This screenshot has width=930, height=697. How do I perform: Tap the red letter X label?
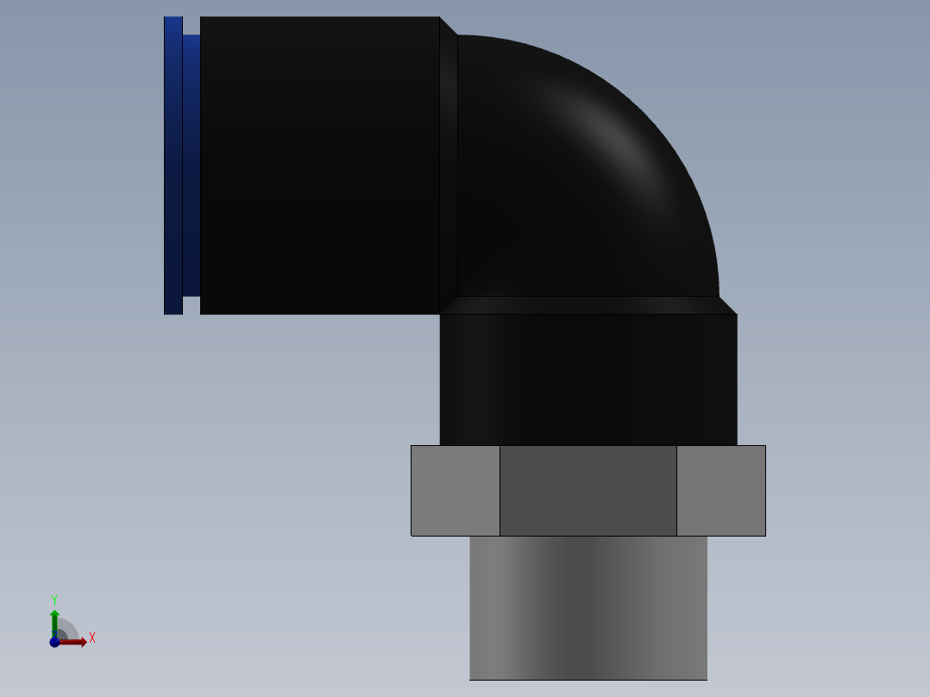(x=92, y=638)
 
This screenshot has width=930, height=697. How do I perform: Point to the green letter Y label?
(x=54, y=599)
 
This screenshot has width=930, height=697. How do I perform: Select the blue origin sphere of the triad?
(x=54, y=642)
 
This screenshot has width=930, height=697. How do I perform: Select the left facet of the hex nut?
(x=456, y=490)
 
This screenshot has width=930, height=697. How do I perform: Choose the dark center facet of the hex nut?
(x=588, y=490)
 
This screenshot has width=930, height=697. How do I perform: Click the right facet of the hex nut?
(x=721, y=490)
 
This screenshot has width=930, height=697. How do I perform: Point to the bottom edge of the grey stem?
(x=588, y=679)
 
